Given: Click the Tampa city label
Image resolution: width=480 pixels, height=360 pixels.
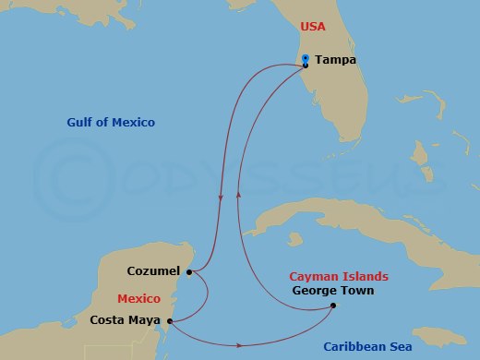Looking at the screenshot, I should [335, 61].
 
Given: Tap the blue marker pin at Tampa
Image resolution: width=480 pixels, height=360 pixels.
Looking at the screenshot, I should [306, 60].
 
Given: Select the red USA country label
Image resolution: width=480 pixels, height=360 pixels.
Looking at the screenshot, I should [313, 28].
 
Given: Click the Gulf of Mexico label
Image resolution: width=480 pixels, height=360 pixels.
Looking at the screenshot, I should [111, 123].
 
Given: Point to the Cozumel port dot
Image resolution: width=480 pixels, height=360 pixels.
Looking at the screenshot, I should [188, 272].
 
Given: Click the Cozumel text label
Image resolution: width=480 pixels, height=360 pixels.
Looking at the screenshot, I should [154, 272].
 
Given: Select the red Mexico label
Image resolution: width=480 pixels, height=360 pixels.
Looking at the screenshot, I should [138, 299].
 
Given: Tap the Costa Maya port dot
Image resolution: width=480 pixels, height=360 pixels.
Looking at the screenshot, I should [169, 321].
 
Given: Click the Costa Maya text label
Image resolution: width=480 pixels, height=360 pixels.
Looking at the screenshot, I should [126, 321].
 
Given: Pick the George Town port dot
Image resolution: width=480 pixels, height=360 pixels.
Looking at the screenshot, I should [332, 306].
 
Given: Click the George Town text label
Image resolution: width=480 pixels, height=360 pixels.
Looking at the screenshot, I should [330, 290].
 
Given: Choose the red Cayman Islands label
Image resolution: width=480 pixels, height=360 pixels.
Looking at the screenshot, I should [339, 276].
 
